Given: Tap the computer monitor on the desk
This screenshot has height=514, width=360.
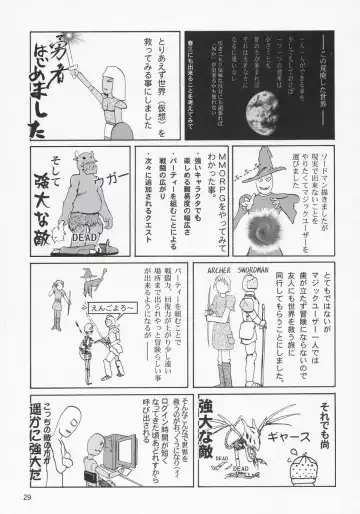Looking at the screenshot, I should tap(101, 450).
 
